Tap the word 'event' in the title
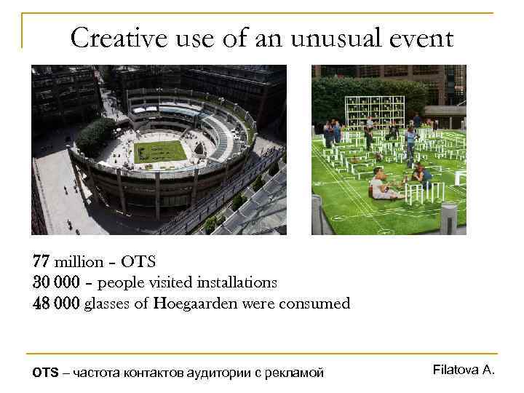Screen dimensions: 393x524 pyautogui.click(x=422, y=37)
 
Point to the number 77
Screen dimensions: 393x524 pyautogui.click(x=41, y=261)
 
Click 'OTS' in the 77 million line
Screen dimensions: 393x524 pyautogui.click(x=139, y=261)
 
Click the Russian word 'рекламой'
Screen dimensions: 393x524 pyautogui.click(x=294, y=373)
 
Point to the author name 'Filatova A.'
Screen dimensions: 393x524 pyautogui.click(x=464, y=370)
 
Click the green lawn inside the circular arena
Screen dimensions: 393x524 pyautogui.click(x=160, y=152)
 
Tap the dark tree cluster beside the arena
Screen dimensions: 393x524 pyautogui.click(x=95, y=134)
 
